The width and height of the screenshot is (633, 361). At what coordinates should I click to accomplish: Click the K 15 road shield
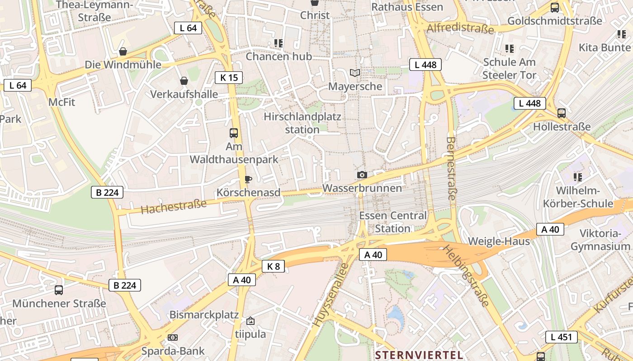tap(229, 78)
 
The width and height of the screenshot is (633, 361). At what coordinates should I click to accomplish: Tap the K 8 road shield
tap(273, 266)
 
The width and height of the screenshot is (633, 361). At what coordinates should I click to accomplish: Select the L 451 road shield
tap(561, 337)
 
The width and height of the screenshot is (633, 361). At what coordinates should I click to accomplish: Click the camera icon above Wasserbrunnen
tap(362, 175)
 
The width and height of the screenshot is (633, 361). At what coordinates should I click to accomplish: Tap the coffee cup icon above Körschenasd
tap(248, 179)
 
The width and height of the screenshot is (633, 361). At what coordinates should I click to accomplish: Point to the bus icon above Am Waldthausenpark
tap(234, 133)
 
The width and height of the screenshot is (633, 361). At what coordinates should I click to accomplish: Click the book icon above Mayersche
tap(355, 73)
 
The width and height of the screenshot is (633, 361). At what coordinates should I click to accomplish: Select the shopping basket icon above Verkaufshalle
tap(184, 81)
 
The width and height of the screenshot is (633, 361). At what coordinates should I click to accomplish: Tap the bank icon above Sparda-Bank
tap(173, 337)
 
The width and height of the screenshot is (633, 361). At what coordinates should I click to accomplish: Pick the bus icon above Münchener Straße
tap(59, 290)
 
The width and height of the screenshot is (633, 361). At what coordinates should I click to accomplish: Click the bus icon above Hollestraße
tap(562, 113)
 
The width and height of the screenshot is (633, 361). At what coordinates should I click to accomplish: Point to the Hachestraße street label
tap(174, 206)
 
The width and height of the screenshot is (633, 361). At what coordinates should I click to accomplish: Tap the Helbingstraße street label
tap(466, 275)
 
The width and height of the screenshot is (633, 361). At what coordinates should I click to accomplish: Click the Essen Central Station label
tap(392, 222)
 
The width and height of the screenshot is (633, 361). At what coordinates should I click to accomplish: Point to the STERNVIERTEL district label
tap(419, 355)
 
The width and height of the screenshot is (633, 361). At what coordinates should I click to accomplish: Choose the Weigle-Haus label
tap(499, 241)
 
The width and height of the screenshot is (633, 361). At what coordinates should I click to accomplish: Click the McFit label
tap(61, 102)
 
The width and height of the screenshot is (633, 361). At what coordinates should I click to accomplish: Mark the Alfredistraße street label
tap(460, 28)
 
